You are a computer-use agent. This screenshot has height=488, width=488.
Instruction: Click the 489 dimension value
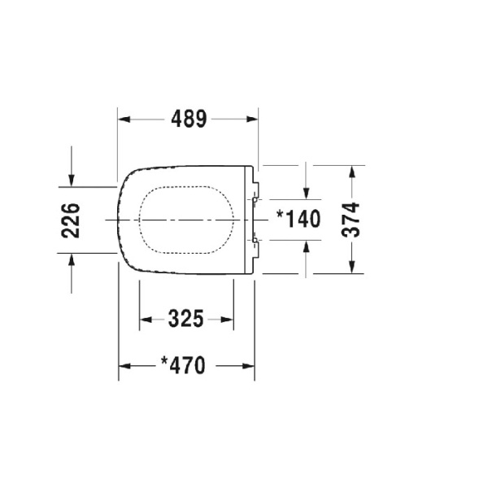point(189,119)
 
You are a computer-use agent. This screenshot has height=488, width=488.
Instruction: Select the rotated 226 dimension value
point(72,220)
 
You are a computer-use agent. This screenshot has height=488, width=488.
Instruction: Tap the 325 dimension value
point(186,319)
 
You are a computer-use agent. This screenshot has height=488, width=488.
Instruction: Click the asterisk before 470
point(165,363)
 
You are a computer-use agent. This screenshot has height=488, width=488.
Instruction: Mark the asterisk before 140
point(281,216)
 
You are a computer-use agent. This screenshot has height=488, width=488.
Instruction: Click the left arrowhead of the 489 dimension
point(124,119)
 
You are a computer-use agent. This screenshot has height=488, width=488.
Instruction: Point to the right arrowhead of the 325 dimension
point(231,319)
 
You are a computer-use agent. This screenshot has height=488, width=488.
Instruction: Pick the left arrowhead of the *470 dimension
point(124,365)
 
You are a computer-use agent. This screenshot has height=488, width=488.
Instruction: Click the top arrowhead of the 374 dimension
point(351,172)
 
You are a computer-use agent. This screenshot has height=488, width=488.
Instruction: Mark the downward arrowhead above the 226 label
point(72,180)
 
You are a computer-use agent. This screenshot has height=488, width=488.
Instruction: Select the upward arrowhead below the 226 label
point(72,259)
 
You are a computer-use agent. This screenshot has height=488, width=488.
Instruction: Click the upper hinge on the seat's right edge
point(255,197)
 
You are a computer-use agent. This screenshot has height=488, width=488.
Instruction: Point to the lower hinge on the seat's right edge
point(255,241)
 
